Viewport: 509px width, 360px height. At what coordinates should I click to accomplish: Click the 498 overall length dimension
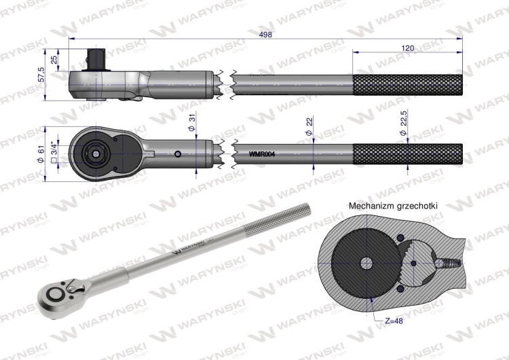point(265,34)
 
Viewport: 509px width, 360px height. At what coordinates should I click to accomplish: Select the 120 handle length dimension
point(408,48)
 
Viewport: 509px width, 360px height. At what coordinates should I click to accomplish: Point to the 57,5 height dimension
point(41,75)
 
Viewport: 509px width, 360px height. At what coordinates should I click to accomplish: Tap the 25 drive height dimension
point(54,60)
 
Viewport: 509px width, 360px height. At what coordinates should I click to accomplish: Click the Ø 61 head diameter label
point(41,154)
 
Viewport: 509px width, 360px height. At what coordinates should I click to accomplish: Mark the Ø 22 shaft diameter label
point(309,127)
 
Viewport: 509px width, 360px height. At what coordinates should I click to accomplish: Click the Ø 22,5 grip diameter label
point(404,123)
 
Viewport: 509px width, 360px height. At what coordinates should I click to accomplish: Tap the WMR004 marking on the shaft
point(262,154)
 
